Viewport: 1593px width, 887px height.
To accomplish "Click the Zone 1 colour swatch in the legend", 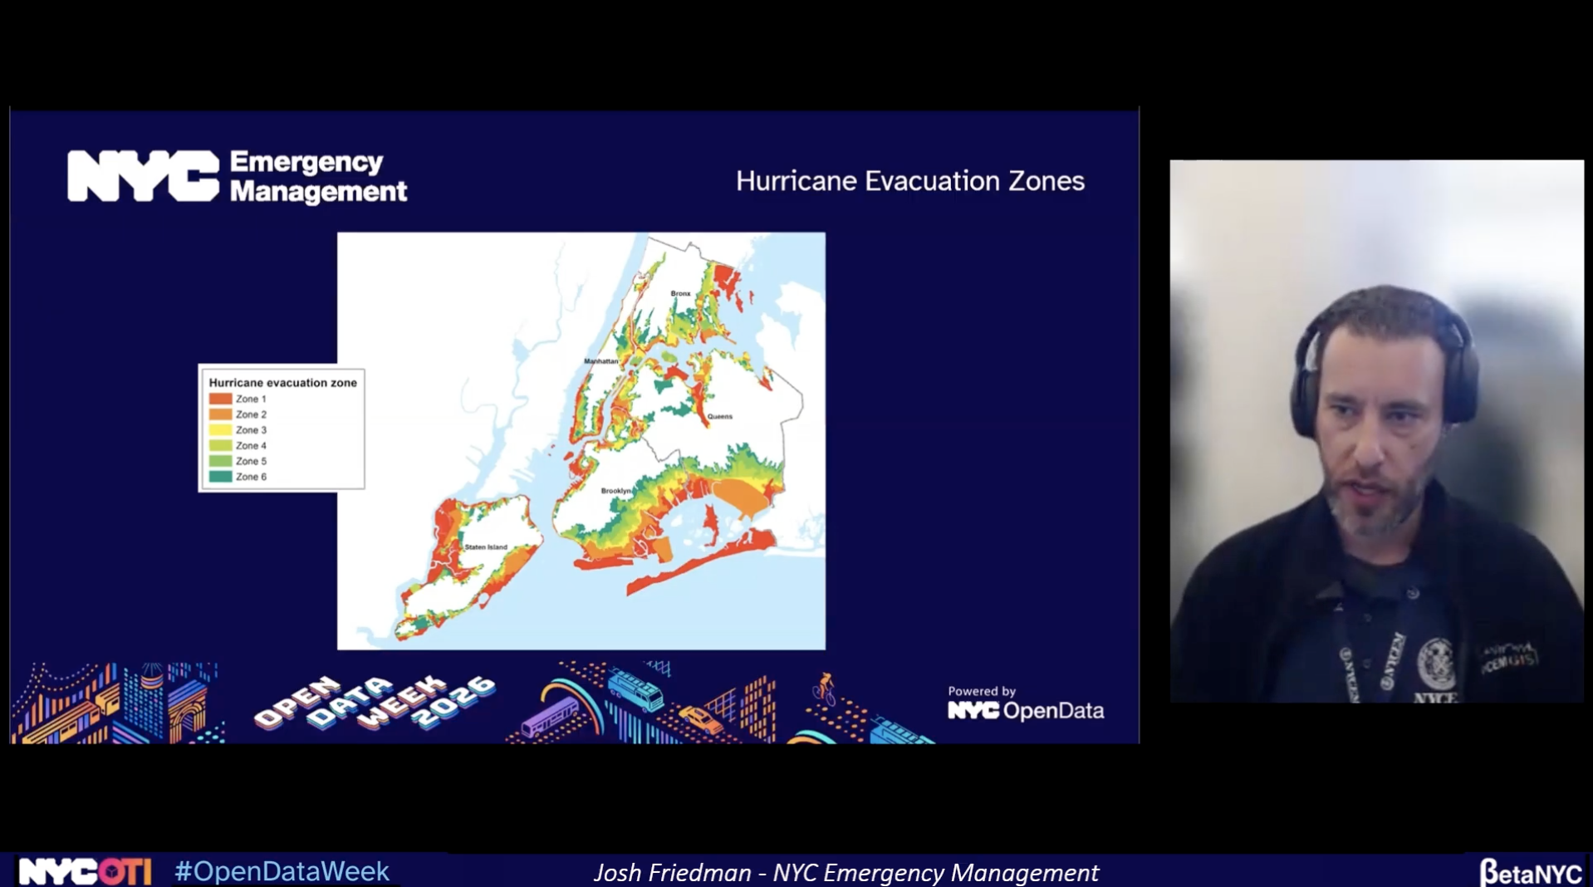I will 220,399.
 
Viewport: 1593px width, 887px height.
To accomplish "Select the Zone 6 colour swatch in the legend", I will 220,477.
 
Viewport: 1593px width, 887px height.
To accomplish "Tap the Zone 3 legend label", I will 251,430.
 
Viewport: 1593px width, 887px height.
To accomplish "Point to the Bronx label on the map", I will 680,293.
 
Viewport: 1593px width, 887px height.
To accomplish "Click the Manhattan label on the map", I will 600,361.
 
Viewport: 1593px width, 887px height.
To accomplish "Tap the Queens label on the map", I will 719,416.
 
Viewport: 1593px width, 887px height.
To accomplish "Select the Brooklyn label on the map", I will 615,491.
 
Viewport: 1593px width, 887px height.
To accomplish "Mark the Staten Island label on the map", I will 486,547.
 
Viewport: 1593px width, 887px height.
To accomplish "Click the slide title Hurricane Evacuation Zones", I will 909,181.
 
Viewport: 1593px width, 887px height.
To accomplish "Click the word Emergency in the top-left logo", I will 306,162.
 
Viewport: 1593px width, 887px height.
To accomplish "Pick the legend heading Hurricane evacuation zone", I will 282,383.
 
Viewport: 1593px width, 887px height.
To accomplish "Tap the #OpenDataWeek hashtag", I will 282,871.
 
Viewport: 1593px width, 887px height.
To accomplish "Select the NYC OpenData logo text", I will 1026,711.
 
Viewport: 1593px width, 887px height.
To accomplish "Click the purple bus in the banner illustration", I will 549,717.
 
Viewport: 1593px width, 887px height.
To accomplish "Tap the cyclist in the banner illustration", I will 824,689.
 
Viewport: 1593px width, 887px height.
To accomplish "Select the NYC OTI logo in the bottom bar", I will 85,871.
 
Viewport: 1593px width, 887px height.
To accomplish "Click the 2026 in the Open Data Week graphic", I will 455,704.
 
